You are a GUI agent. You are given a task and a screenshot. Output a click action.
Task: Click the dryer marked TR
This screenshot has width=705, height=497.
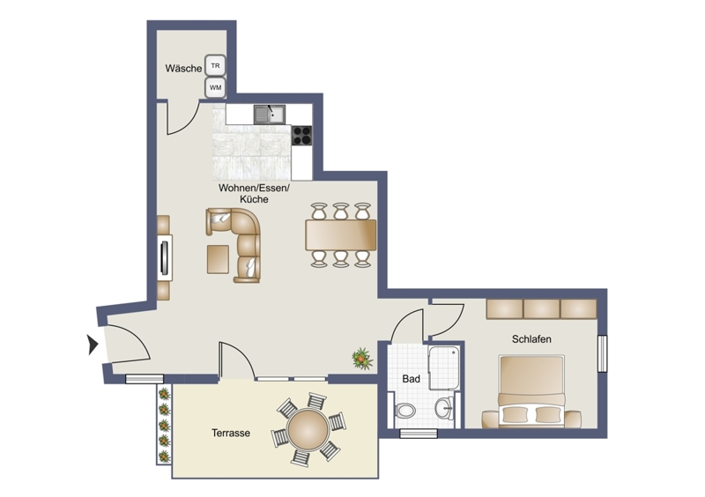tap(215, 66)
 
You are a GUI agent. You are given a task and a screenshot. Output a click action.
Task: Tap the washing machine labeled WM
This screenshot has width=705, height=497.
tap(215, 88)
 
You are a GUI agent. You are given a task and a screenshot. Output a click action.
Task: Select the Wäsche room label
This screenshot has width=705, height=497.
tap(183, 69)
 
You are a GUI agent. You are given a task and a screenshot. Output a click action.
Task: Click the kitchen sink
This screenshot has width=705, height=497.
tap(270, 115)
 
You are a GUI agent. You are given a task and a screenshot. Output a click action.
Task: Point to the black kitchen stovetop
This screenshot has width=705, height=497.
tap(301, 136)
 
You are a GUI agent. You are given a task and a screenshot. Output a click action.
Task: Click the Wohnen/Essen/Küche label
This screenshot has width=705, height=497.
tap(255, 193)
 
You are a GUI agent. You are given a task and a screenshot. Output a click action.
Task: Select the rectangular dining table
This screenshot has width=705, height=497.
tap(341, 234)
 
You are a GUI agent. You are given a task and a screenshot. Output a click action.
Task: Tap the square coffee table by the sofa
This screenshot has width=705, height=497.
tap(218, 259)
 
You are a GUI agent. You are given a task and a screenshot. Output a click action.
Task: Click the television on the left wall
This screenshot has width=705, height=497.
tap(165, 257)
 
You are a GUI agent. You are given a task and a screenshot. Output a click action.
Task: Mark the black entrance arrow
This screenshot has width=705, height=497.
tap(93, 345)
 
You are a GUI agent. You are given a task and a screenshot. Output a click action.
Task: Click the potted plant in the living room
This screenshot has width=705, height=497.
tap(362, 359)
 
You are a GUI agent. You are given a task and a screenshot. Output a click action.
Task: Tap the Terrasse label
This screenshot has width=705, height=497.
tap(231, 434)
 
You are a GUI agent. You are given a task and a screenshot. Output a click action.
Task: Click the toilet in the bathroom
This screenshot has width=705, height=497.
tap(405, 410)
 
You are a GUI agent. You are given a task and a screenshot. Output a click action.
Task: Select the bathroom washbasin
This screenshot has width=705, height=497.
tap(445, 408)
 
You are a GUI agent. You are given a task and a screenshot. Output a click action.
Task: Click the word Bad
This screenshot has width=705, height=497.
tap(411, 379)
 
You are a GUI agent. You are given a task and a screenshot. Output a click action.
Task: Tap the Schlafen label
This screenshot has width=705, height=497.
tap(531, 339)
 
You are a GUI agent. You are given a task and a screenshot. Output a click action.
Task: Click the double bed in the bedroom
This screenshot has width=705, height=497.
tap(531, 391)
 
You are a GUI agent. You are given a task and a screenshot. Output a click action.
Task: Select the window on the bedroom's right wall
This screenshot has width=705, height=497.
tap(602, 353)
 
